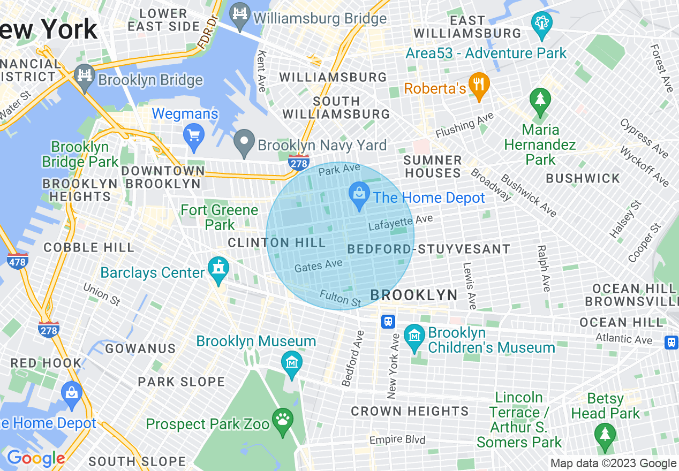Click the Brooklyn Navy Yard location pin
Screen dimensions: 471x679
click(245, 143)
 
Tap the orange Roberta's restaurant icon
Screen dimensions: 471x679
click(479, 85)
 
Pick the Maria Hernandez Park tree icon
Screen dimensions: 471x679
click(540, 100)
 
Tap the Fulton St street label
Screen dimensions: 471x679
click(341, 298)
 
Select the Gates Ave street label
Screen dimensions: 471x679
click(318, 265)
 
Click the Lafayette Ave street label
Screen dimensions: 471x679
click(400, 223)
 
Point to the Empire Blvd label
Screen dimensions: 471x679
click(397, 440)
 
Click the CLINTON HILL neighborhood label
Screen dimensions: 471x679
click(276, 243)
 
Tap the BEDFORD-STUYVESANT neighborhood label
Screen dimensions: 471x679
click(428, 249)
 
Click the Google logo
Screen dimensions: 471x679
click(35, 458)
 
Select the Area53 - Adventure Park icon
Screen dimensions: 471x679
click(541, 25)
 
